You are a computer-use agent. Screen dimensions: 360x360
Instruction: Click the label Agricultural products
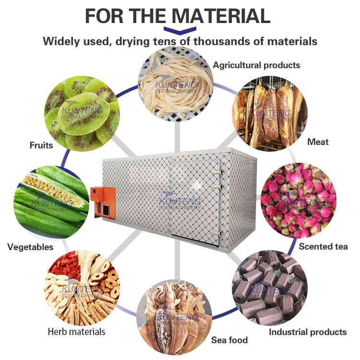(x=256, y=65)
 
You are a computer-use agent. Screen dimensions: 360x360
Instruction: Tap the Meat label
(x=318, y=142)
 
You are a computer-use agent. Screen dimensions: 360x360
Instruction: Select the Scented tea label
(x=323, y=246)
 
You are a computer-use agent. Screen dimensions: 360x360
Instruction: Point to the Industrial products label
(x=307, y=332)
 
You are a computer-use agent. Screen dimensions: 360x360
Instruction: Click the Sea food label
(x=229, y=340)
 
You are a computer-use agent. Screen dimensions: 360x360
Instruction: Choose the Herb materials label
(x=76, y=331)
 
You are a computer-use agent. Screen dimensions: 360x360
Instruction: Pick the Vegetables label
(x=30, y=247)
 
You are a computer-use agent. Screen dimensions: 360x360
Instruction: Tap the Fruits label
(x=41, y=144)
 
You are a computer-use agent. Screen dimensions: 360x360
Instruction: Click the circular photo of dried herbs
(x=82, y=287)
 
